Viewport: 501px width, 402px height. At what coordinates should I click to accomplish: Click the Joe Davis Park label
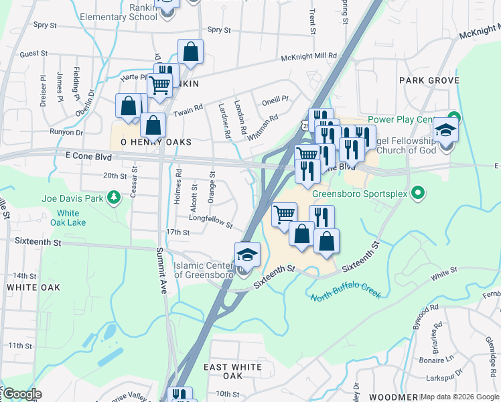point(72,198)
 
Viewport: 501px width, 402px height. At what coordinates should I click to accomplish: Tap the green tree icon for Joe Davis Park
point(115,197)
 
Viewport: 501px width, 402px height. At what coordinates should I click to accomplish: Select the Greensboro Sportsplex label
point(370,194)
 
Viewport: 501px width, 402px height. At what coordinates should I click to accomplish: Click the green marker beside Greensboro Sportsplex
point(419,194)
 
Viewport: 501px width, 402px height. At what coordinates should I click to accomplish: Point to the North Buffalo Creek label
point(346,294)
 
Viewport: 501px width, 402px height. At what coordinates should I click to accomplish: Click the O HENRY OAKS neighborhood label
point(155,143)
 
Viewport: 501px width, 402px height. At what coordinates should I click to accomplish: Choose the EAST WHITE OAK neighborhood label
point(232,367)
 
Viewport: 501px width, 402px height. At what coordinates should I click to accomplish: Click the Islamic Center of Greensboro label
point(203,270)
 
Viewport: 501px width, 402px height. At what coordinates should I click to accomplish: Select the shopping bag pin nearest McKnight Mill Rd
point(191,51)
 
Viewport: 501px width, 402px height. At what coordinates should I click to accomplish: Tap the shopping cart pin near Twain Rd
point(159,85)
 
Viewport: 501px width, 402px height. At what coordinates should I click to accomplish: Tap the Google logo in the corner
point(22,394)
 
